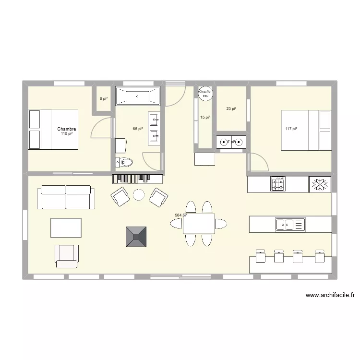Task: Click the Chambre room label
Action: pos(67,129)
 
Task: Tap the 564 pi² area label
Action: pos(180,216)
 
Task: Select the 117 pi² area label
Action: pos(291,129)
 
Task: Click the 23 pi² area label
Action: pos(231,108)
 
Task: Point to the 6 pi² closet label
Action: pos(104,98)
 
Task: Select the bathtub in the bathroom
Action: pos(138,96)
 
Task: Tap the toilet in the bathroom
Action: pos(124,162)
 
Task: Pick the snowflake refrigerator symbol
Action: pos(319,184)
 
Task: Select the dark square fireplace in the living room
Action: pos(136,237)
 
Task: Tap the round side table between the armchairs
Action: pos(139,194)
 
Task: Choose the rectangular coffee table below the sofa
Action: pos(66,228)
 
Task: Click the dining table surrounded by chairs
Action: pos(199,224)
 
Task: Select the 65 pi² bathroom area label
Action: pos(138,129)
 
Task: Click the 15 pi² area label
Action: pos(205,118)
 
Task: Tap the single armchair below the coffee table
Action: pos(67,256)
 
